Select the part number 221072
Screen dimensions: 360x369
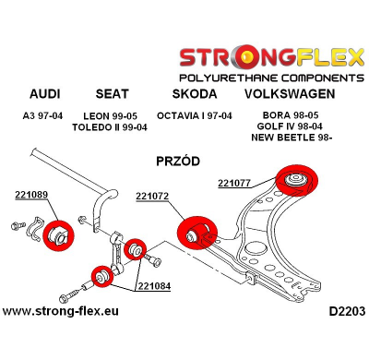point(152,196)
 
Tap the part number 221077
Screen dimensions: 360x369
point(235,182)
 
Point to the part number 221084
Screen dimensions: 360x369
point(155,285)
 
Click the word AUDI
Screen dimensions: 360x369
point(46,94)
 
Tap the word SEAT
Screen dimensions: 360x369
point(113,94)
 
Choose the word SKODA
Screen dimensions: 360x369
point(195,94)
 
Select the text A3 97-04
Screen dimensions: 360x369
point(45,115)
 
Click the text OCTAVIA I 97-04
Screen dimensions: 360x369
point(195,115)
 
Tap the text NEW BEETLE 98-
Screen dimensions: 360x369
point(293,138)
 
